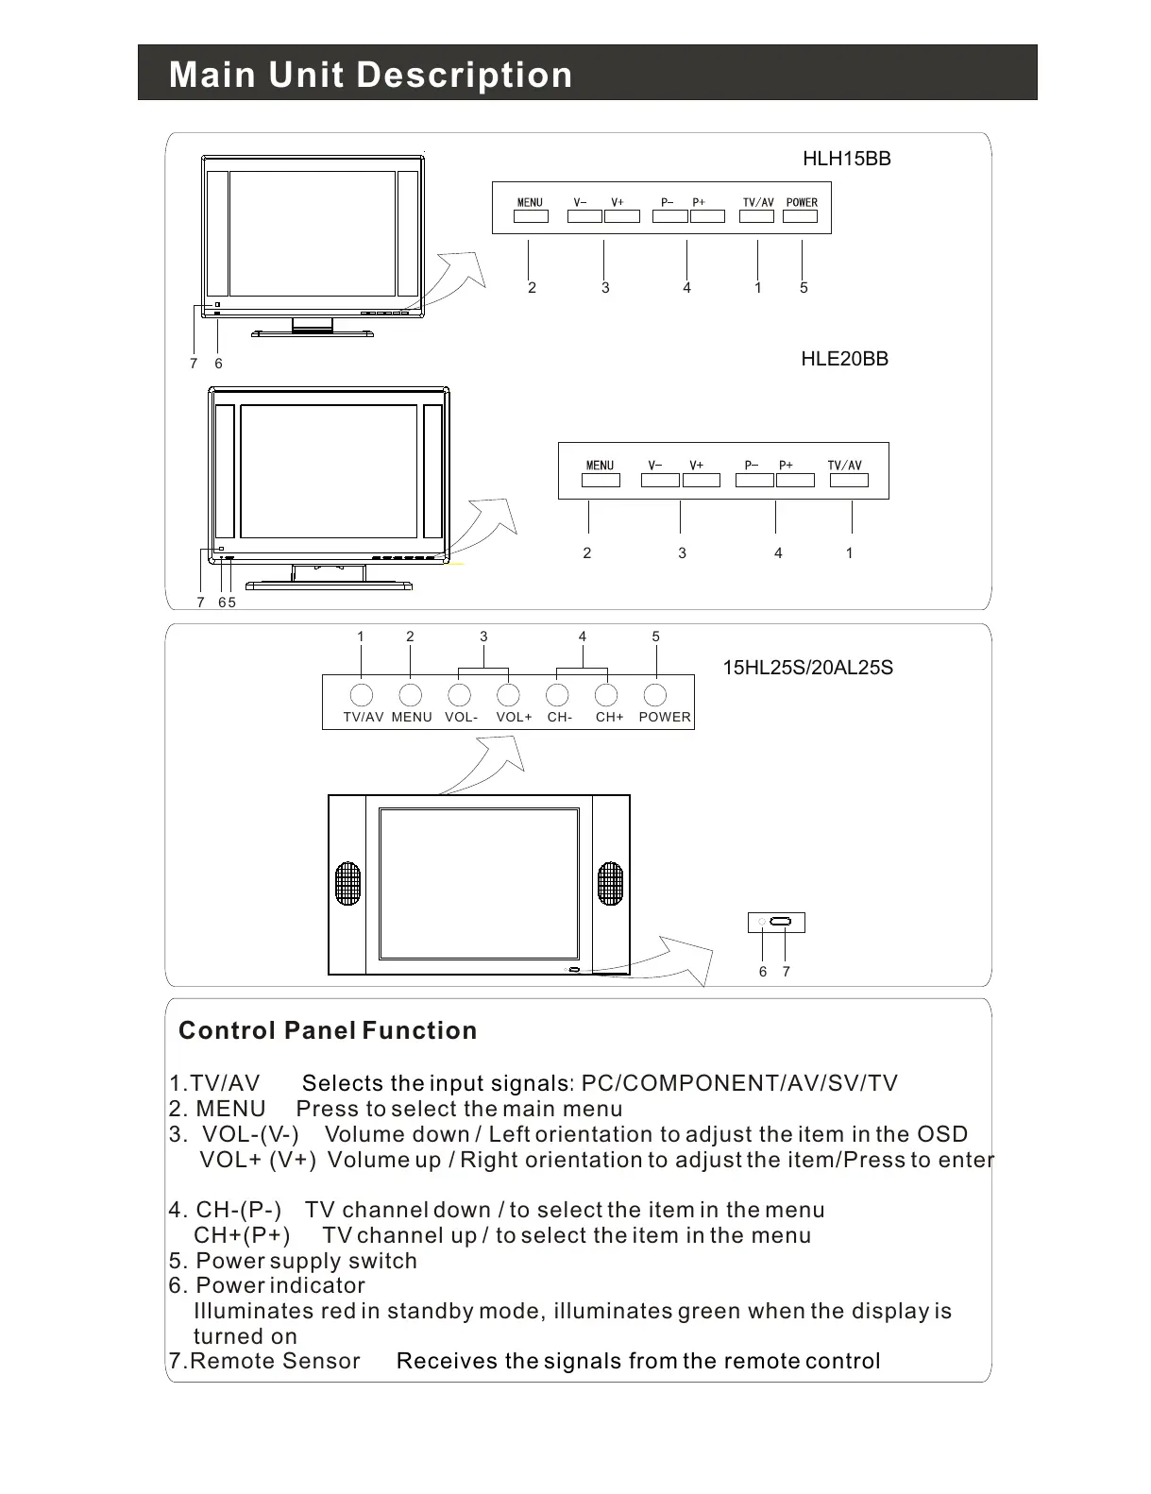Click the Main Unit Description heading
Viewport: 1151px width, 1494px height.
pyautogui.click(x=370, y=75)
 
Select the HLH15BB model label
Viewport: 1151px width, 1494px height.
pyautogui.click(x=846, y=159)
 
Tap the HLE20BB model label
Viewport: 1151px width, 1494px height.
pyautogui.click(x=844, y=359)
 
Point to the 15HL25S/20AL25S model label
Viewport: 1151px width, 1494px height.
pyautogui.click(x=807, y=668)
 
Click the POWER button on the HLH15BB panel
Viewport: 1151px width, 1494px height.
pyautogui.click(x=801, y=216)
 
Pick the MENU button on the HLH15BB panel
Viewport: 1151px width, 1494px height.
pyautogui.click(x=531, y=216)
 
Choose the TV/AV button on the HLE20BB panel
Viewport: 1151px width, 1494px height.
pyautogui.click(x=848, y=480)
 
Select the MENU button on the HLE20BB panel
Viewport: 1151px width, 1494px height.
pyautogui.click(x=601, y=480)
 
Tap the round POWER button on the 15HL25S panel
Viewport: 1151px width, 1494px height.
pyautogui.click(x=655, y=695)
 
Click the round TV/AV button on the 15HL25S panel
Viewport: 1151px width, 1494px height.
pyautogui.click(x=361, y=695)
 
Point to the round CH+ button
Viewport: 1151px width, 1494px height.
pyautogui.click(x=606, y=695)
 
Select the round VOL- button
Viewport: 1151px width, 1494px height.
pyautogui.click(x=459, y=695)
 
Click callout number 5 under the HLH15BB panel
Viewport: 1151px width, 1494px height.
pyautogui.click(x=804, y=288)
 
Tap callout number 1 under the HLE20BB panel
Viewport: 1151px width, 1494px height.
pyautogui.click(x=849, y=553)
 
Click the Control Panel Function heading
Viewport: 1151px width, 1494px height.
pyautogui.click(x=328, y=1030)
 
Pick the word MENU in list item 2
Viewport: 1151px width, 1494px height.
pyautogui.click(x=230, y=1109)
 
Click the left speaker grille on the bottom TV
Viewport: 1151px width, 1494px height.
pyautogui.click(x=348, y=884)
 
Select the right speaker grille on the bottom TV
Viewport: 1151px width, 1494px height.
pyautogui.click(x=610, y=884)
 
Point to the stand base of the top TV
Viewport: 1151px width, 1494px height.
pyautogui.click(x=312, y=333)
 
